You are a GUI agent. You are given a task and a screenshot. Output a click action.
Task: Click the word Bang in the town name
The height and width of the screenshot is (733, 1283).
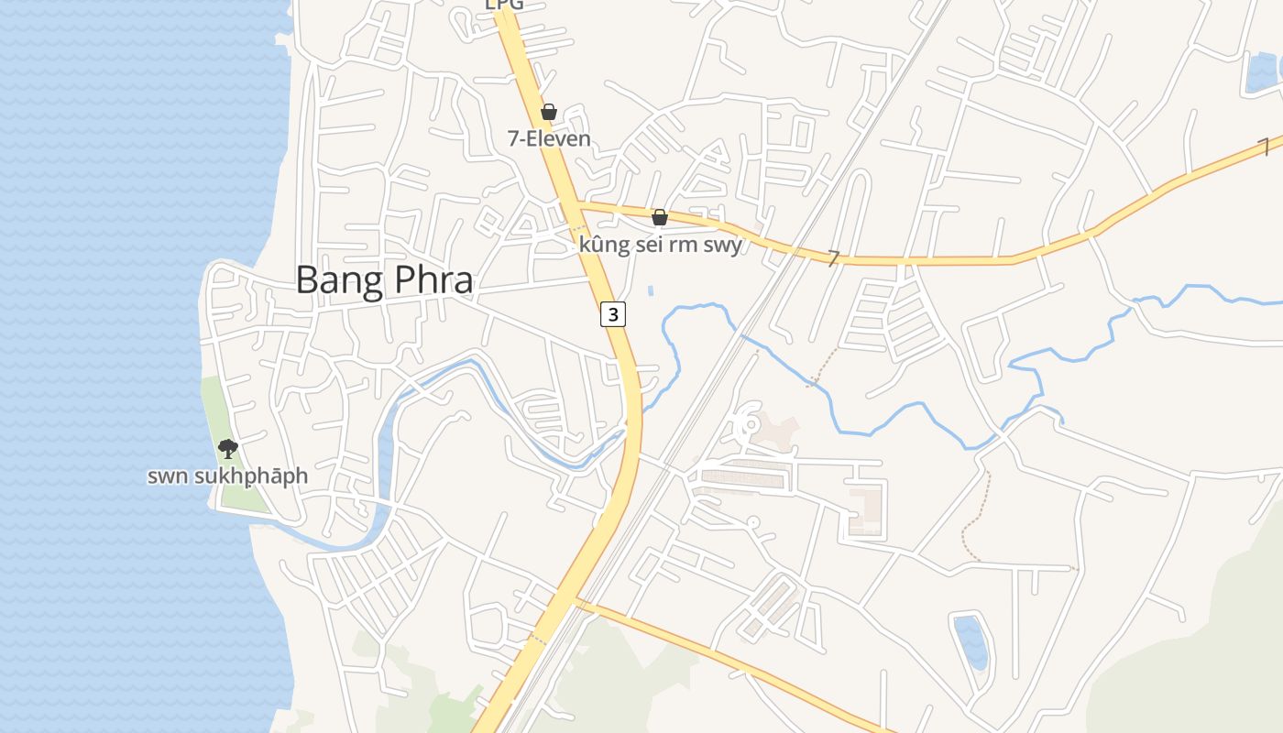pyautogui.click(x=336, y=280)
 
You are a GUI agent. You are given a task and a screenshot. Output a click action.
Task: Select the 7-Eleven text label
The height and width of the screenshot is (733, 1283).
pyautogui.click(x=549, y=139)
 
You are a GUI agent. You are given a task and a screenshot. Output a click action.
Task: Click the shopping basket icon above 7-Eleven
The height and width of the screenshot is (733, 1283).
pyautogui.click(x=548, y=112)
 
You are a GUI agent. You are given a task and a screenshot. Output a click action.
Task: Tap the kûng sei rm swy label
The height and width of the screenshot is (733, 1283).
pyautogui.click(x=660, y=245)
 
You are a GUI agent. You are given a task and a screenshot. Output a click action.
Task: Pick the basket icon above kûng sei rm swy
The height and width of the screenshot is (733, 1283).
pyautogui.click(x=659, y=217)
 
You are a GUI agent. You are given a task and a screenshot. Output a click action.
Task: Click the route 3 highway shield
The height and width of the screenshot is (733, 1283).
pyautogui.click(x=613, y=314)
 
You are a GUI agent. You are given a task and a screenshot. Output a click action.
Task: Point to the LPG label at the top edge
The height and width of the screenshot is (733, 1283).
pyautogui.click(x=504, y=5)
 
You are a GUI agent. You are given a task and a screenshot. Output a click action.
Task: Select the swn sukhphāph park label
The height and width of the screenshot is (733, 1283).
pyautogui.click(x=227, y=476)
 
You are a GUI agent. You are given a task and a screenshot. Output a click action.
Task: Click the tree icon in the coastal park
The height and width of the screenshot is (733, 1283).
pyautogui.click(x=227, y=448)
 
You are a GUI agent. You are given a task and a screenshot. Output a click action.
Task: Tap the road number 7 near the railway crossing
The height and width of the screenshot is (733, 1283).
pyautogui.click(x=833, y=258)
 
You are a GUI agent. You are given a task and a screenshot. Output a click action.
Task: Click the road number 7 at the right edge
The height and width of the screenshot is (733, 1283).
pyautogui.click(x=1264, y=147)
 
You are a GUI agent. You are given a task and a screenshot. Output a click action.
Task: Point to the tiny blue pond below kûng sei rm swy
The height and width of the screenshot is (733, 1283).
pyautogui.click(x=651, y=290)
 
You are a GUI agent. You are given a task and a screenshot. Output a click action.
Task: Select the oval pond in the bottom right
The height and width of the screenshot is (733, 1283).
pyautogui.click(x=970, y=641)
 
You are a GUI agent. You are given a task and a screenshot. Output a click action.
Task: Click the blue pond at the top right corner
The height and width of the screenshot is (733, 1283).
pyautogui.click(x=1264, y=71)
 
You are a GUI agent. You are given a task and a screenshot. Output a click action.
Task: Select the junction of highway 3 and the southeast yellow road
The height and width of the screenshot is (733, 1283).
pyautogui.click(x=575, y=601)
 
